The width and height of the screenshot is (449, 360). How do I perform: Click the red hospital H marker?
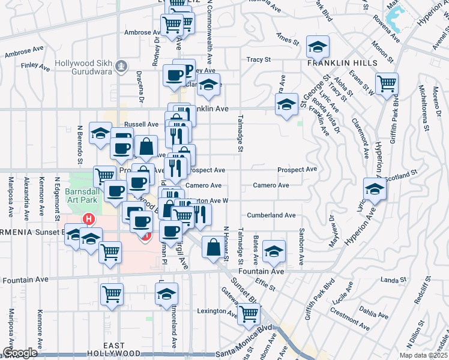[x=89, y=219]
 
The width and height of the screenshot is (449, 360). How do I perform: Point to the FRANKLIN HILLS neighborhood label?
[x=342, y=63]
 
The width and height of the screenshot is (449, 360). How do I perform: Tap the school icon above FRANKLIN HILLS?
[x=318, y=46]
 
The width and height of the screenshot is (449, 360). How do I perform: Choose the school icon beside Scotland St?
[x=375, y=188]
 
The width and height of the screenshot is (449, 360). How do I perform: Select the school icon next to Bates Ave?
[x=274, y=250]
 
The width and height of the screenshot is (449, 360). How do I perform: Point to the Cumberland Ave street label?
[x=271, y=215]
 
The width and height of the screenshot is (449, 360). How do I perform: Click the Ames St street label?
[x=288, y=41]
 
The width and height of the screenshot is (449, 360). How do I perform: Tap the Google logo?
[x=20, y=353]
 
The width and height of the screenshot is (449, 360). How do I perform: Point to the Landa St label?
[x=394, y=280]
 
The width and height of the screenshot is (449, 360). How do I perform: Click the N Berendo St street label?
[x=79, y=145]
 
